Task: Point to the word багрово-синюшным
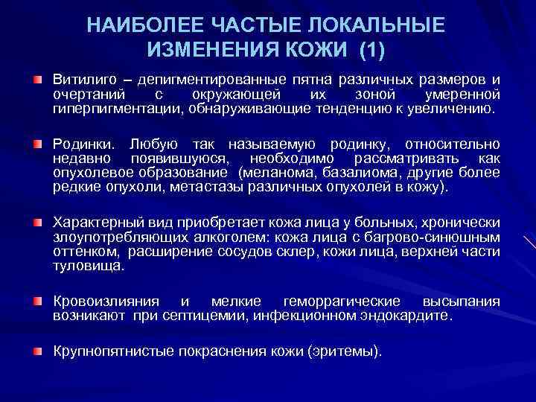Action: (443, 237)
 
